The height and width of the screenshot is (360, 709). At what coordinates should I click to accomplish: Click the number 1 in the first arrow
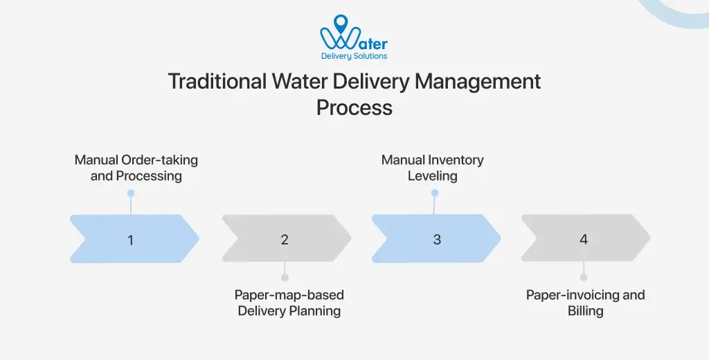[130, 240]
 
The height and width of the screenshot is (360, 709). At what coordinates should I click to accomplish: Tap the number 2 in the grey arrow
[285, 240]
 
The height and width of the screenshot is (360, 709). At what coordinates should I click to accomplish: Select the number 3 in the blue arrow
[437, 240]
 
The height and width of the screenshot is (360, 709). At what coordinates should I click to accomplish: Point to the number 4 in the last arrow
[584, 240]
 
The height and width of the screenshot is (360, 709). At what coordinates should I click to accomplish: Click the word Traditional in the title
[217, 82]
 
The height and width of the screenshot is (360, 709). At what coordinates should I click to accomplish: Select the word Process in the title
[354, 108]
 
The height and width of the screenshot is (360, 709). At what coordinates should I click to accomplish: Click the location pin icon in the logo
[340, 24]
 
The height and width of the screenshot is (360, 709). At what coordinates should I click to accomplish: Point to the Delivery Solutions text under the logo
[354, 56]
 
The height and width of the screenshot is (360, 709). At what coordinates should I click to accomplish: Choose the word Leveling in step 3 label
[433, 176]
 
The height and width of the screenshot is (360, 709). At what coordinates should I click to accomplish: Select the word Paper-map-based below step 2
[289, 295]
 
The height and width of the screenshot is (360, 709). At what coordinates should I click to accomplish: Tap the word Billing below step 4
[586, 311]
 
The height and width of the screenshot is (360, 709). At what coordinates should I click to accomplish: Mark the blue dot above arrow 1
[130, 193]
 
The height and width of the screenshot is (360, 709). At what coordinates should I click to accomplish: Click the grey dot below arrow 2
[285, 277]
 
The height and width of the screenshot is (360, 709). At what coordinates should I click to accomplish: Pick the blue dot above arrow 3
[435, 193]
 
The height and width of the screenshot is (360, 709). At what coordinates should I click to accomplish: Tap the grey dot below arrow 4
[584, 277]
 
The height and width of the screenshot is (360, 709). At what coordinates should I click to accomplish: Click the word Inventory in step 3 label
[456, 160]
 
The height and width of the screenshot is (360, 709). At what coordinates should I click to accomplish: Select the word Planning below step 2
[314, 311]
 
